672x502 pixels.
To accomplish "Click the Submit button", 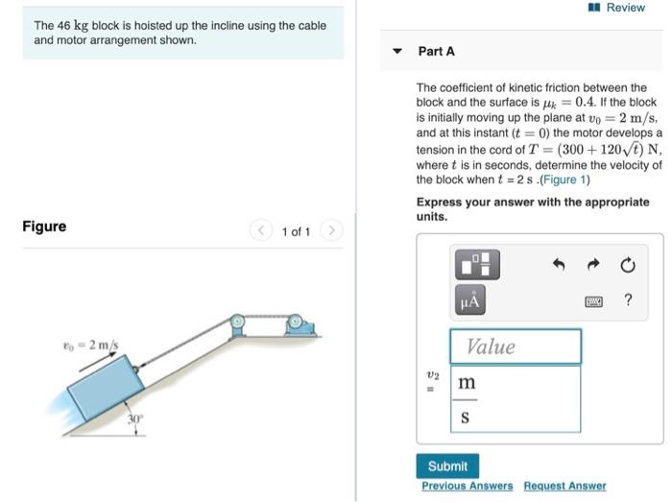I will pos(447,466).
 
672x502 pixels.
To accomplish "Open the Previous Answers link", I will pos(467,487).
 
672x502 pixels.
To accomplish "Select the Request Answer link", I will pos(564,487).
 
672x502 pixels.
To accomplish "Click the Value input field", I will pos(516,347).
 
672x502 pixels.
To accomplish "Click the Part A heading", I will pos(436,51).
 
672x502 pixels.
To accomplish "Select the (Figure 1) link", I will pos(567,179).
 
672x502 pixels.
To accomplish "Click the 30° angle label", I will pos(136,419).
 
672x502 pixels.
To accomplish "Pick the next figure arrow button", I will pos(330,231).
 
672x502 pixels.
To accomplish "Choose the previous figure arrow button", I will pos(261,231).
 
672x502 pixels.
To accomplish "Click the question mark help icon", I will pos(628,300).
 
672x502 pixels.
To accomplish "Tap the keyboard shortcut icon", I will pos(595,301).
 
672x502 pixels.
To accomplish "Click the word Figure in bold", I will pos(44,227).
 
